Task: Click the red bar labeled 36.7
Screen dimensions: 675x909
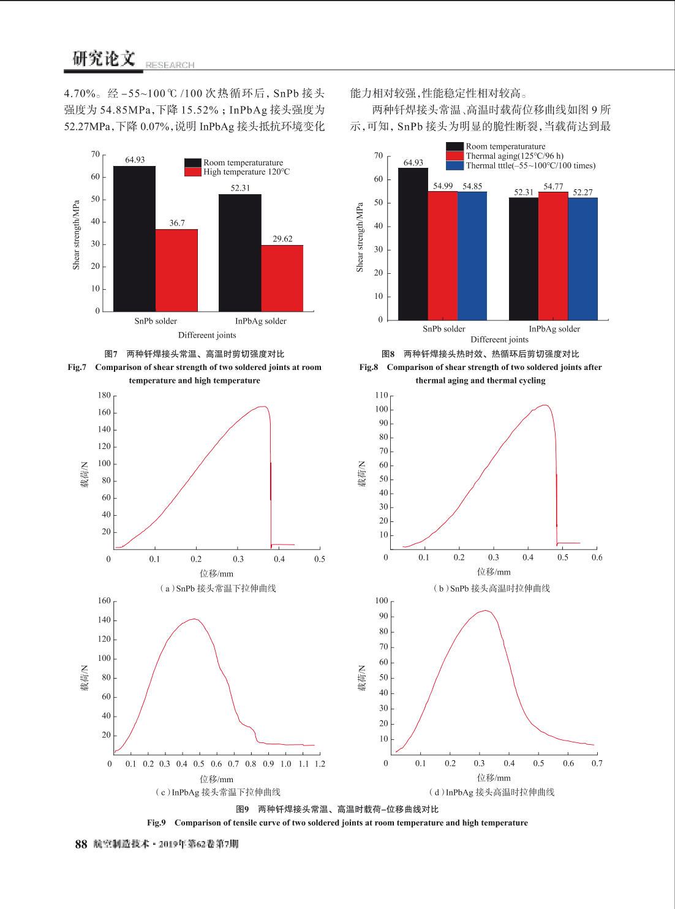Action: [x=176, y=271]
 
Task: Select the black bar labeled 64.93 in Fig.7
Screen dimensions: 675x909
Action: [x=134, y=239]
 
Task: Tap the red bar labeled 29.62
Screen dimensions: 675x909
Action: [x=282, y=278]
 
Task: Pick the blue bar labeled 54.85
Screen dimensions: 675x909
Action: [x=472, y=256]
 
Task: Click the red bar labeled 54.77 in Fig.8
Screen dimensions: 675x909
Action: [x=553, y=256]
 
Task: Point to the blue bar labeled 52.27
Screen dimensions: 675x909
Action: [x=583, y=258]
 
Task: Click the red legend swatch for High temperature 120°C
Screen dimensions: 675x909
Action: [x=192, y=172]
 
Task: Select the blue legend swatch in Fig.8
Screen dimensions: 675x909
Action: [x=455, y=165]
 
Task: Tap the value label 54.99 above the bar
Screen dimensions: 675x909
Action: [x=443, y=186]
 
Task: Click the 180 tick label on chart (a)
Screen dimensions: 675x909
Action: [x=105, y=395]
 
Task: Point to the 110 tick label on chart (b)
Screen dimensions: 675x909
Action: [x=382, y=395]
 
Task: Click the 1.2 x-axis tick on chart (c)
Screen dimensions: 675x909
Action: [x=320, y=764]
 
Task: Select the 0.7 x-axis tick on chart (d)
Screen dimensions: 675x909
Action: [x=597, y=763]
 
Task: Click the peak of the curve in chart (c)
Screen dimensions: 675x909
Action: [x=194, y=619]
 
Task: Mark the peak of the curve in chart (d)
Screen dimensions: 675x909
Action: [x=486, y=610]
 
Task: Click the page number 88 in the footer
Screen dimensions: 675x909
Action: [x=81, y=844]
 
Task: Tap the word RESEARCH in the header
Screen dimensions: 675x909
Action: [x=170, y=65]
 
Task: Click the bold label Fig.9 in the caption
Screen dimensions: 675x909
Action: [x=156, y=823]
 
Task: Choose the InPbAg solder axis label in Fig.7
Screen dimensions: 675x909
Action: [x=261, y=321]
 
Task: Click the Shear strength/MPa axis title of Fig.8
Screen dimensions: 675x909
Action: [x=360, y=237]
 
